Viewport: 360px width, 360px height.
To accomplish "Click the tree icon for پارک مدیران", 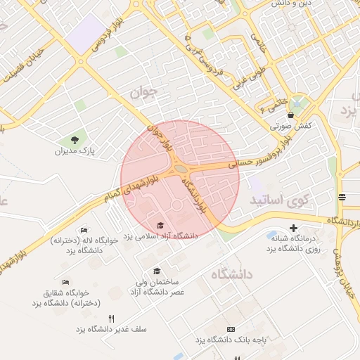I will (75, 139).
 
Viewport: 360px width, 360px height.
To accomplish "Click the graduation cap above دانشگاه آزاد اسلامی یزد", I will (161, 225).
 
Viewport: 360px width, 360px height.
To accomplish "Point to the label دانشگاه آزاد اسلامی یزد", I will (161, 236).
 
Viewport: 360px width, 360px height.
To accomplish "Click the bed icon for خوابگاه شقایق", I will (65, 283).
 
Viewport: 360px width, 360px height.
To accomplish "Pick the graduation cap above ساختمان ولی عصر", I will (156, 271).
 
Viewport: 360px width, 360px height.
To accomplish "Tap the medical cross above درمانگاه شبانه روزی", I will (294, 227).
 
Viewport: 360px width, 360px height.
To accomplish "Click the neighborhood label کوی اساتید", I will (280, 200).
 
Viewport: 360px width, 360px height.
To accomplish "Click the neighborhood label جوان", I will (141, 91).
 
